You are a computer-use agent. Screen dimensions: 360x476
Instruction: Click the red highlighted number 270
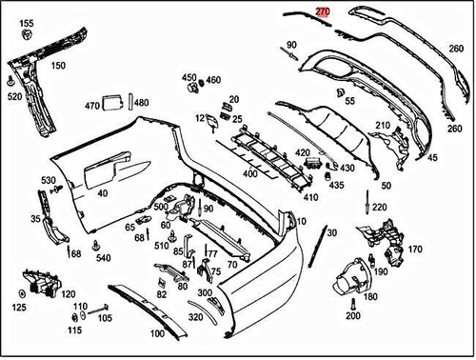click(323, 12)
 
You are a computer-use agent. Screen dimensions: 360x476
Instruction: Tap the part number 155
click(27, 23)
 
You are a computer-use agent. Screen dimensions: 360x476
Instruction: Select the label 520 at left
click(15, 96)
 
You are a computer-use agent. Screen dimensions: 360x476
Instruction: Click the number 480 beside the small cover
click(141, 103)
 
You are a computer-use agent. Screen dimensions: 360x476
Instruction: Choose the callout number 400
click(250, 174)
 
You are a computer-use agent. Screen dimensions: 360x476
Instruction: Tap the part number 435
click(336, 184)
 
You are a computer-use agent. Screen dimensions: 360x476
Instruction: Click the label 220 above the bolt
click(379, 208)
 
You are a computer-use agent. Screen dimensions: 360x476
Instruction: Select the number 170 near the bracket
click(414, 250)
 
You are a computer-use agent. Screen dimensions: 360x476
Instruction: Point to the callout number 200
click(353, 315)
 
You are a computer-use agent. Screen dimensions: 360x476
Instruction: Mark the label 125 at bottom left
click(20, 307)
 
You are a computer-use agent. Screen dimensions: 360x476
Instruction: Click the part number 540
click(103, 258)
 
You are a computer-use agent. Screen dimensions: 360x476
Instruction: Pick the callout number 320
click(196, 317)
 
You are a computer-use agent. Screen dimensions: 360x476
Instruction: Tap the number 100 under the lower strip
click(157, 335)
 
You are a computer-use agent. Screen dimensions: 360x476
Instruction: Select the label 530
click(48, 180)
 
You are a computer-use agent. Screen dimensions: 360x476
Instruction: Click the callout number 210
click(383, 126)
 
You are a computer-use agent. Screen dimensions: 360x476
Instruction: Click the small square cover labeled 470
click(112, 100)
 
